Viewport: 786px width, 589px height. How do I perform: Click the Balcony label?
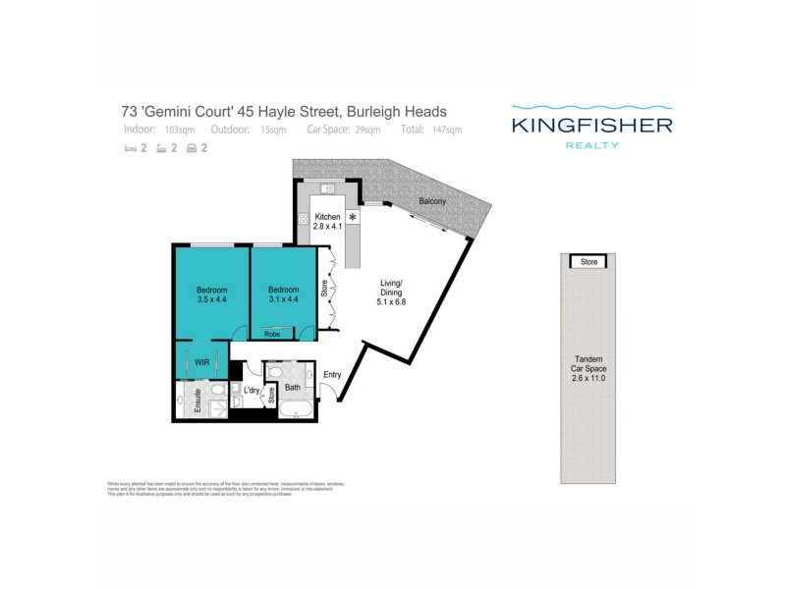(431, 201)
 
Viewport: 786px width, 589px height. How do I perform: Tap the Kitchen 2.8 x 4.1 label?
(327, 222)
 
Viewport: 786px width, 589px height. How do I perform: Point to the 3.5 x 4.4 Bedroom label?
(212, 295)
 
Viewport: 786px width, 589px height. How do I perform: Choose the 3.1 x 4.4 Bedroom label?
(284, 295)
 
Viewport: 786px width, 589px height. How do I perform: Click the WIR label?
(201, 362)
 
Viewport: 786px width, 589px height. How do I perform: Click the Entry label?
(332, 374)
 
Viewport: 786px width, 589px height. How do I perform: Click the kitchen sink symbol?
(329, 188)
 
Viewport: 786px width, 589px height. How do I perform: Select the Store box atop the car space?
(589, 262)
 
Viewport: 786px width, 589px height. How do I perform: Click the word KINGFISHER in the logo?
(591, 125)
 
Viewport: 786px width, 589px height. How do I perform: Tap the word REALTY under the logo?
(591, 144)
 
